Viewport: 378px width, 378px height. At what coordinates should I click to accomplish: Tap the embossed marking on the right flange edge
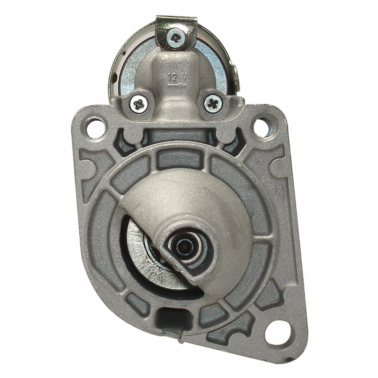(273, 189)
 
